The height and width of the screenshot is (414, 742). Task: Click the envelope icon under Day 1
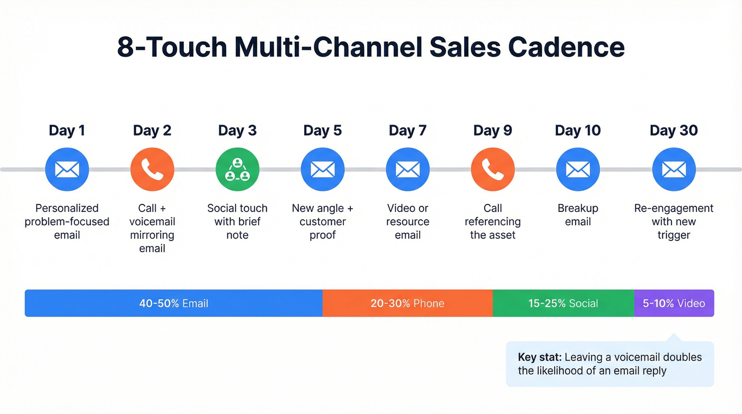click(67, 170)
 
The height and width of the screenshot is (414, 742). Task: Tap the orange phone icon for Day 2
click(152, 170)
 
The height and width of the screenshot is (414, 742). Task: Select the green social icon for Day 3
click(237, 170)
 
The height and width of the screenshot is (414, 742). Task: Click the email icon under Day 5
click(322, 170)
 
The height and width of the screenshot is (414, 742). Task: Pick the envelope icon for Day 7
click(408, 170)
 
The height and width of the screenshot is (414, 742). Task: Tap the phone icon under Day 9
click(493, 170)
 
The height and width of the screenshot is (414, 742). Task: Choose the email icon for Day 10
click(578, 170)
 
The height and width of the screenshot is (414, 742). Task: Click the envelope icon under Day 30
click(674, 170)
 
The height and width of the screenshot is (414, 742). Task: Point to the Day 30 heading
click(674, 130)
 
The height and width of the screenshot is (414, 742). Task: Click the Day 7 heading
click(408, 130)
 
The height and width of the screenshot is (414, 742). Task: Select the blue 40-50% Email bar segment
click(173, 303)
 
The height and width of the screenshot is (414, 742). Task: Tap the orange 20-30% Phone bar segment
click(407, 303)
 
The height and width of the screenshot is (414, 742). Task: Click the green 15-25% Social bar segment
click(563, 303)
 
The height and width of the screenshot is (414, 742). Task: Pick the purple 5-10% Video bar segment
click(674, 303)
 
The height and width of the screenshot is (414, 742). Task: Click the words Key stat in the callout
click(540, 357)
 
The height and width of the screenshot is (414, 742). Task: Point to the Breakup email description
click(578, 215)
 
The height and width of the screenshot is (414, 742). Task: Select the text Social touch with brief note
click(237, 222)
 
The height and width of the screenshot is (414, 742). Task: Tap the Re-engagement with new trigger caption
click(674, 222)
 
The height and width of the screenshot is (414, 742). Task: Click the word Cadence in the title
click(566, 47)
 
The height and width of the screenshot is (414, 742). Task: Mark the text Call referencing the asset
click(493, 222)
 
